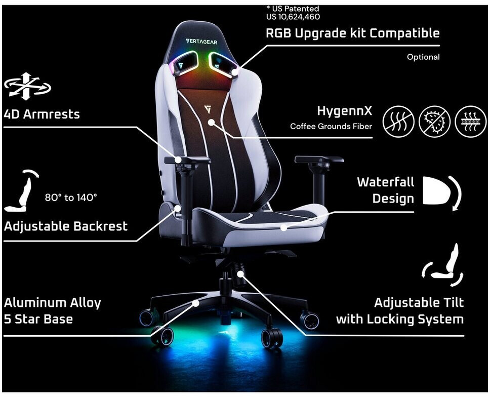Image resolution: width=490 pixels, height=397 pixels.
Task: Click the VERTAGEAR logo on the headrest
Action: (x=201, y=42)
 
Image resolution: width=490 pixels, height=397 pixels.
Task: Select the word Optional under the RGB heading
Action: (x=423, y=57)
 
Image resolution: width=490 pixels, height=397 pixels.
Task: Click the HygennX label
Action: (x=345, y=111)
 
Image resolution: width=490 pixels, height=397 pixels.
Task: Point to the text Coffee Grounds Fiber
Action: (x=331, y=126)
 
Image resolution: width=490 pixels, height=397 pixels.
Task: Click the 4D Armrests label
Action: (x=42, y=114)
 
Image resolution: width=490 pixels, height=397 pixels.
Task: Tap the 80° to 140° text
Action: (x=71, y=197)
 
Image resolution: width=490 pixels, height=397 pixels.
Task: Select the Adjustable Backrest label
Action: (x=66, y=226)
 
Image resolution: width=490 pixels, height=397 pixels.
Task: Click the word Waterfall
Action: (x=385, y=182)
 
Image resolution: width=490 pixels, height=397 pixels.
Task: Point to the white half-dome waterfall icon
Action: (x=435, y=190)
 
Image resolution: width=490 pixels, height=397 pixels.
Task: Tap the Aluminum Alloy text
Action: (x=53, y=303)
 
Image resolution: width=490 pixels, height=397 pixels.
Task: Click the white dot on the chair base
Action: (x=196, y=303)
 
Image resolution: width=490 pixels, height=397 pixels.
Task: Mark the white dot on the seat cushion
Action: (x=284, y=228)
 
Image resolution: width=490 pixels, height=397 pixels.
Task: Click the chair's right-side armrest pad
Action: (x=319, y=160)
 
